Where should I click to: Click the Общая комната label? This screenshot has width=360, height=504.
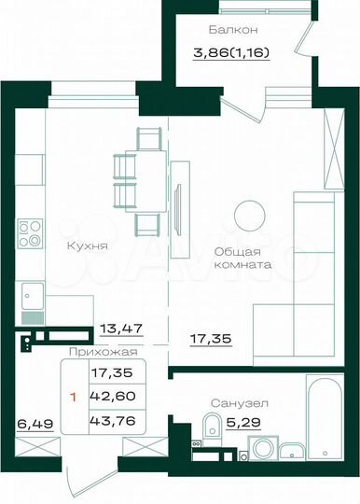pos(242,258)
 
